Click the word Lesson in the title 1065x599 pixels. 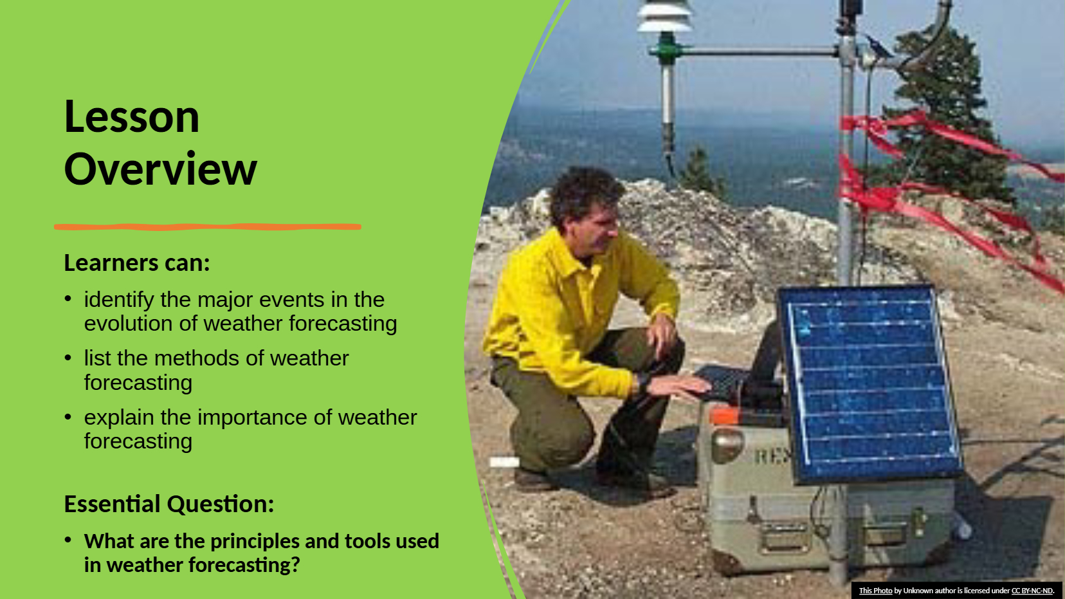click(132, 116)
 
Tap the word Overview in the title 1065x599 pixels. click(161, 169)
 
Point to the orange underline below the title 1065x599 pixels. click(208, 227)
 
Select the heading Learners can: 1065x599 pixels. click(137, 263)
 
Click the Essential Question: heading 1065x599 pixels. click(169, 504)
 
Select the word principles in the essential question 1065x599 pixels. click(255, 542)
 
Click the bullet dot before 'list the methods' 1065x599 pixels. click(68, 358)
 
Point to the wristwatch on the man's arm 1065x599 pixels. click(643, 382)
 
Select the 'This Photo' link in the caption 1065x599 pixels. click(875, 591)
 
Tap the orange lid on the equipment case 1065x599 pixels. click(724, 416)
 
